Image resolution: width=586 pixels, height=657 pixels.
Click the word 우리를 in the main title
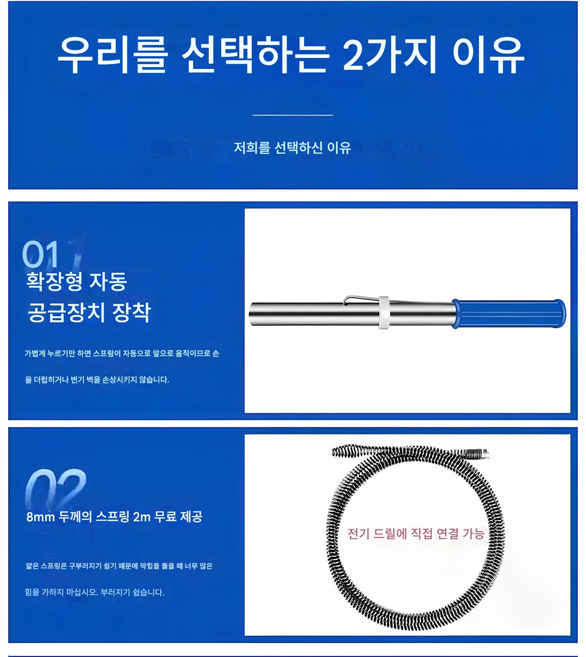click(112, 54)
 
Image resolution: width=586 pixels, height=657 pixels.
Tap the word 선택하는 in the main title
click(255, 54)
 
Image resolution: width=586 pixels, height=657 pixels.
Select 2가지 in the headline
click(389, 54)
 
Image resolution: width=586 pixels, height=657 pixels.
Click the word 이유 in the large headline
click(488, 54)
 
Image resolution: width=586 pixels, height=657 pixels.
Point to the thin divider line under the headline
click(292, 115)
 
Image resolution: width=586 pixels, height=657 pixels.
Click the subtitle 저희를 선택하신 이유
click(292, 148)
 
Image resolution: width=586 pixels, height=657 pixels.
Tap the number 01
click(40, 254)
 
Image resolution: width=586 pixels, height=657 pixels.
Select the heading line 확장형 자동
click(76, 281)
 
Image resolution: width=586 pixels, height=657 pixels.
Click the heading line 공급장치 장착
click(89, 312)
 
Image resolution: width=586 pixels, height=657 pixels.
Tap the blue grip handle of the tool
click(508, 314)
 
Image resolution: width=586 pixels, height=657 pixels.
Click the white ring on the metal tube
click(384, 313)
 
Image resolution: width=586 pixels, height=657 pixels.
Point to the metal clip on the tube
click(361, 300)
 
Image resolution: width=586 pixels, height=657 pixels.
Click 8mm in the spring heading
click(40, 517)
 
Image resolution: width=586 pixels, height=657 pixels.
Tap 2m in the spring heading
click(142, 517)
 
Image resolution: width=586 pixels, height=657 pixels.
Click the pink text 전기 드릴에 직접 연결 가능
click(416, 534)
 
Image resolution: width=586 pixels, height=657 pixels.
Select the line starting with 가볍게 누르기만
click(122, 353)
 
